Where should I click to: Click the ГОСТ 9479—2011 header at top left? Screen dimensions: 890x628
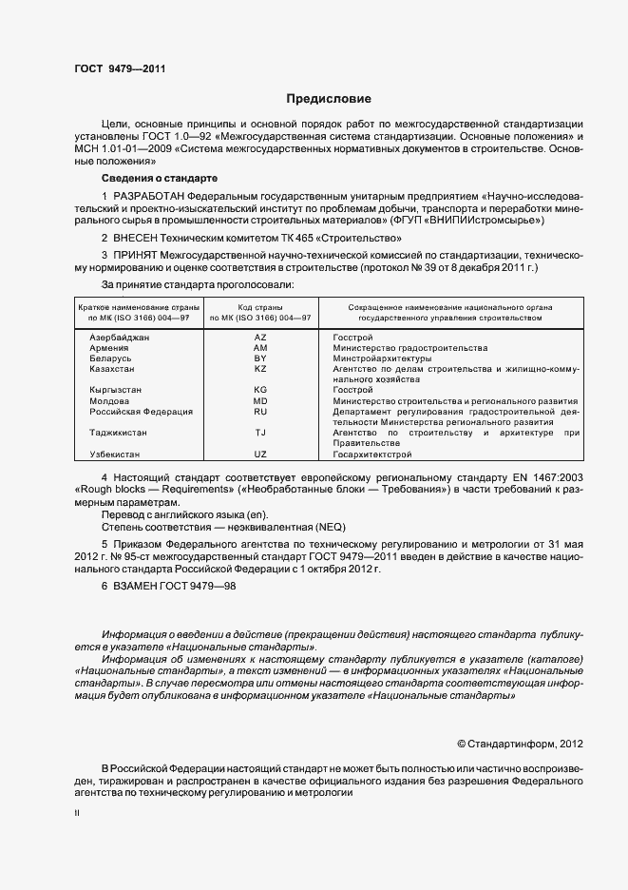point(112,68)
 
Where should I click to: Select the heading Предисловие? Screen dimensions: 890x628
point(329,98)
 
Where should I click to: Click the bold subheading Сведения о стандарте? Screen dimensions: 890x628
point(160,178)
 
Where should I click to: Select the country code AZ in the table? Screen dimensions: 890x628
point(260,338)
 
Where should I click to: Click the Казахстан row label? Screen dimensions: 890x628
point(112,368)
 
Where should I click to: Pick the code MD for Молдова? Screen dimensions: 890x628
point(260,400)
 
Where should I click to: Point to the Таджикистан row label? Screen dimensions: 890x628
point(118,433)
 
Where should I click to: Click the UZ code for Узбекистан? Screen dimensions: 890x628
point(260,455)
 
